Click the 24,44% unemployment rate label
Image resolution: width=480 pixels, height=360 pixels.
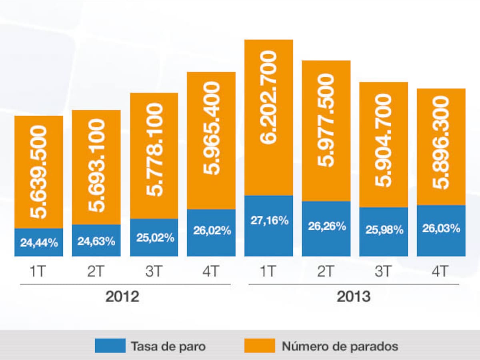coord(39,242)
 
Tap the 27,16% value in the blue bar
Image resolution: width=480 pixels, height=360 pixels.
coord(269,221)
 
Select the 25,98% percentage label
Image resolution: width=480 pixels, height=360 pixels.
coord(384,230)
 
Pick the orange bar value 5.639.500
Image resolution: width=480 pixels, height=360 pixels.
coord(39,172)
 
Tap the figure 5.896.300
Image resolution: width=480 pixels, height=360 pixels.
coord(441,142)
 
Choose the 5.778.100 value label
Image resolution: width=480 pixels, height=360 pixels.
coord(154,149)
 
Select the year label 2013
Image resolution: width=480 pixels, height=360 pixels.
coord(354,297)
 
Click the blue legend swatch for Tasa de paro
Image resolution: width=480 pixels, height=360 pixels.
coord(110,346)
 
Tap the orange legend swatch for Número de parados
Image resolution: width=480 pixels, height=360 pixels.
coord(260,346)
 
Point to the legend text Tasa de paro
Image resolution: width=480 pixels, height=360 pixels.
coord(168,346)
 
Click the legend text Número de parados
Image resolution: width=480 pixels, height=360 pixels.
coord(340,346)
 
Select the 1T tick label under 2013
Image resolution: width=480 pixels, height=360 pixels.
coord(268,272)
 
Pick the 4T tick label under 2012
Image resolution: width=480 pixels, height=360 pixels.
coord(211,272)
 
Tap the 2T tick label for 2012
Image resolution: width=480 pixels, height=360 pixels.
coord(96,272)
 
